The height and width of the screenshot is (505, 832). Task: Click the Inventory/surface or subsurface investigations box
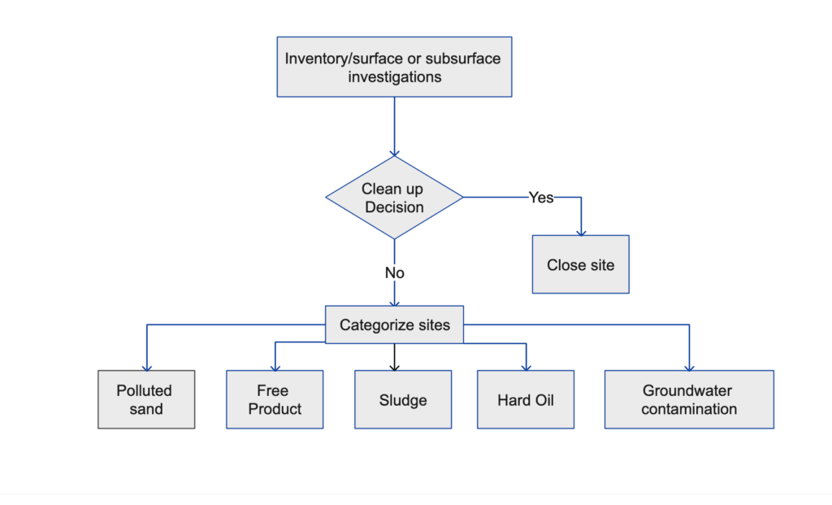pyautogui.click(x=394, y=67)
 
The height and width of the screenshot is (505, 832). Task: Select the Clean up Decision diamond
pyautogui.click(x=394, y=198)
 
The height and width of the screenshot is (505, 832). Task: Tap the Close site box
pyautogui.click(x=580, y=265)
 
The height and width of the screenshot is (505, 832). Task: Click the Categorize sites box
pyautogui.click(x=394, y=324)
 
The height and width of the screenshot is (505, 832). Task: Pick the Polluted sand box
pyautogui.click(x=146, y=399)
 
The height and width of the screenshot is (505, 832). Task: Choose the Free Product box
pyautogui.click(x=275, y=399)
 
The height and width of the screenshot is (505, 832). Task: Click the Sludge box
pyautogui.click(x=403, y=399)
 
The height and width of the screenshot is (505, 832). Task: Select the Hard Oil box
pyautogui.click(x=526, y=399)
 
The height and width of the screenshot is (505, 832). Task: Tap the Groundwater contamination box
pyautogui.click(x=689, y=399)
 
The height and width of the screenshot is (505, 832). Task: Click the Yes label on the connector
pyautogui.click(x=541, y=198)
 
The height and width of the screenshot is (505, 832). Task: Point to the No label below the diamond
pyautogui.click(x=394, y=273)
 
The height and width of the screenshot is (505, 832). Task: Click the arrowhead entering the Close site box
pyautogui.click(x=580, y=232)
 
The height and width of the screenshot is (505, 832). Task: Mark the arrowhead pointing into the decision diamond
pyautogui.click(x=394, y=152)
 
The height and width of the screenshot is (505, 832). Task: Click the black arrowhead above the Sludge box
pyautogui.click(x=394, y=367)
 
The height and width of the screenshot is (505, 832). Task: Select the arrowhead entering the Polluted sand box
pyautogui.click(x=146, y=367)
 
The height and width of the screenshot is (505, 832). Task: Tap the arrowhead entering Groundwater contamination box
pyautogui.click(x=689, y=367)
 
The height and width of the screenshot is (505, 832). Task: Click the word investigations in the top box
pyautogui.click(x=394, y=77)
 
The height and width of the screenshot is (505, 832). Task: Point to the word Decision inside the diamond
pyautogui.click(x=394, y=207)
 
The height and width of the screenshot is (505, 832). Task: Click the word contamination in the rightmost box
pyautogui.click(x=689, y=409)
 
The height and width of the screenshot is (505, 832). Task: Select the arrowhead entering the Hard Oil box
pyautogui.click(x=526, y=367)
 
